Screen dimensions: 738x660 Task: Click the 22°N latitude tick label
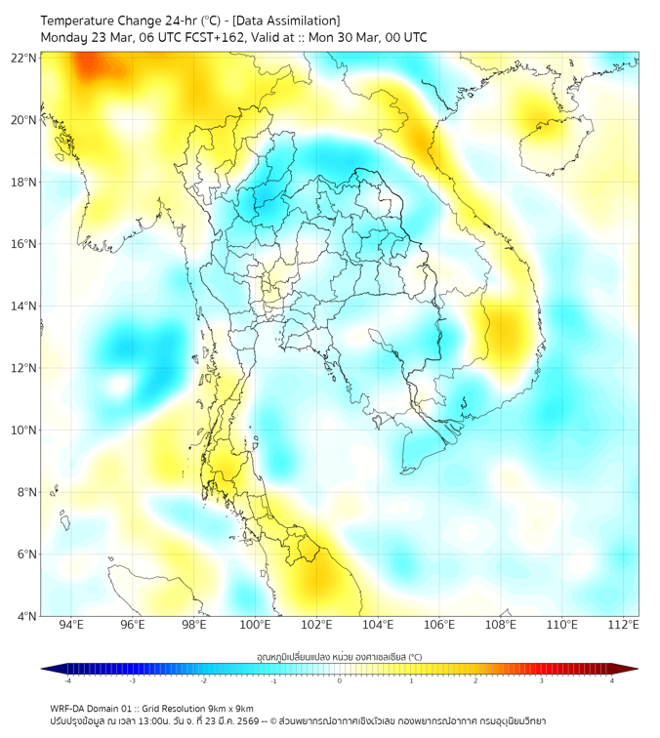pyautogui.click(x=24, y=58)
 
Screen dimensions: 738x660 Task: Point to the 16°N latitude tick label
pyautogui.click(x=24, y=244)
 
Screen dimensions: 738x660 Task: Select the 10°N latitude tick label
pyautogui.click(x=24, y=430)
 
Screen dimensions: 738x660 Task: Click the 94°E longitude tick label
pyautogui.click(x=71, y=625)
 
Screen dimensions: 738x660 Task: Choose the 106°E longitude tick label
pyautogui.click(x=439, y=625)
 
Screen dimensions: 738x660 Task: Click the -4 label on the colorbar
pyautogui.click(x=67, y=681)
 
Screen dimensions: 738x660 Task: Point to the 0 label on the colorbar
pyautogui.click(x=340, y=681)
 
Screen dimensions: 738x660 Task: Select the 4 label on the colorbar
pyautogui.click(x=612, y=681)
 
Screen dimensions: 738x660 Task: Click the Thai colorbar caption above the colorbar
pyautogui.click(x=339, y=657)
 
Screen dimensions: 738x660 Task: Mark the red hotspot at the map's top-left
pyautogui.click(x=90, y=66)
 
